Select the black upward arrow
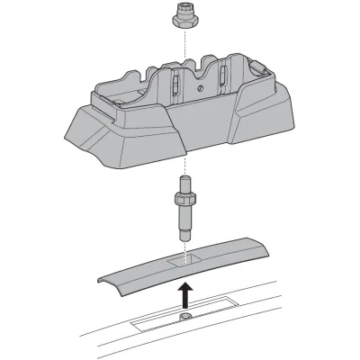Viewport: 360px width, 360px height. pos(184,293)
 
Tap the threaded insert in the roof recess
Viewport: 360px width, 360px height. pos(184,319)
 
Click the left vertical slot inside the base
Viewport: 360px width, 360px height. pos(168,86)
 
